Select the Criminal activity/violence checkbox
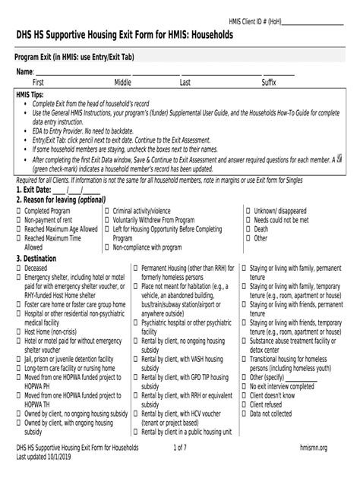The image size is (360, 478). (107, 210)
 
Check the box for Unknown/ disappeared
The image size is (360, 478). (248, 210)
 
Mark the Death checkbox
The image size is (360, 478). (248, 228)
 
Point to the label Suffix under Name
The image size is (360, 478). (269, 82)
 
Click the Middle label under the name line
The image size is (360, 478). (122, 82)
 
